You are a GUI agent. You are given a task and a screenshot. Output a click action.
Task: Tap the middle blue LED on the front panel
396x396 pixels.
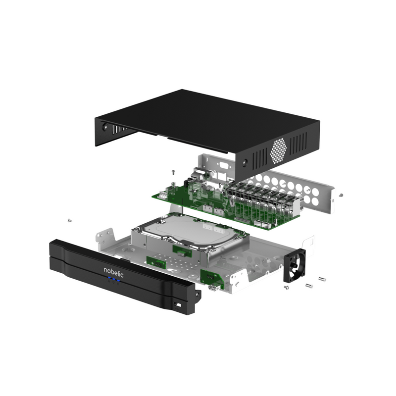tap(113, 281)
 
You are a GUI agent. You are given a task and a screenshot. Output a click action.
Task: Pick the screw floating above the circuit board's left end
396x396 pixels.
tap(173, 172)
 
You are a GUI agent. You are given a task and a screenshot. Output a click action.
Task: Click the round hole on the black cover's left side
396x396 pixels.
tap(105, 126)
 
